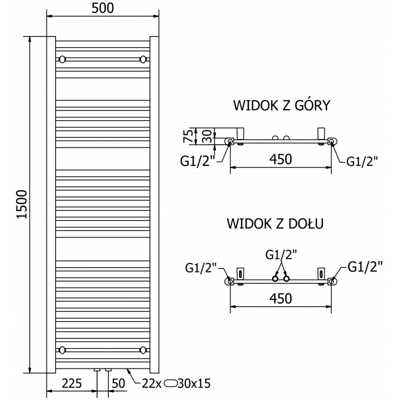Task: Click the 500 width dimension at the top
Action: click(x=103, y=7)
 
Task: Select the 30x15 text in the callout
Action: click(x=194, y=383)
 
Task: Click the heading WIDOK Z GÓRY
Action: click(x=280, y=106)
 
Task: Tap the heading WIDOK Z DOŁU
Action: click(x=275, y=223)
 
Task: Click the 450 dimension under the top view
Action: click(x=280, y=160)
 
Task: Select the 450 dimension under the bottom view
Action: click(x=280, y=298)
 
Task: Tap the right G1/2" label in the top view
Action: click(x=362, y=161)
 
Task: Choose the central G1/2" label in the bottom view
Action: click(x=280, y=254)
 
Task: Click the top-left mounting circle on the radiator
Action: click(x=62, y=59)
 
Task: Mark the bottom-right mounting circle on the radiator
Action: click(x=144, y=349)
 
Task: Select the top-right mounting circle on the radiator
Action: click(x=144, y=59)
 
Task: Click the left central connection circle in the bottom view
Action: click(x=275, y=278)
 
